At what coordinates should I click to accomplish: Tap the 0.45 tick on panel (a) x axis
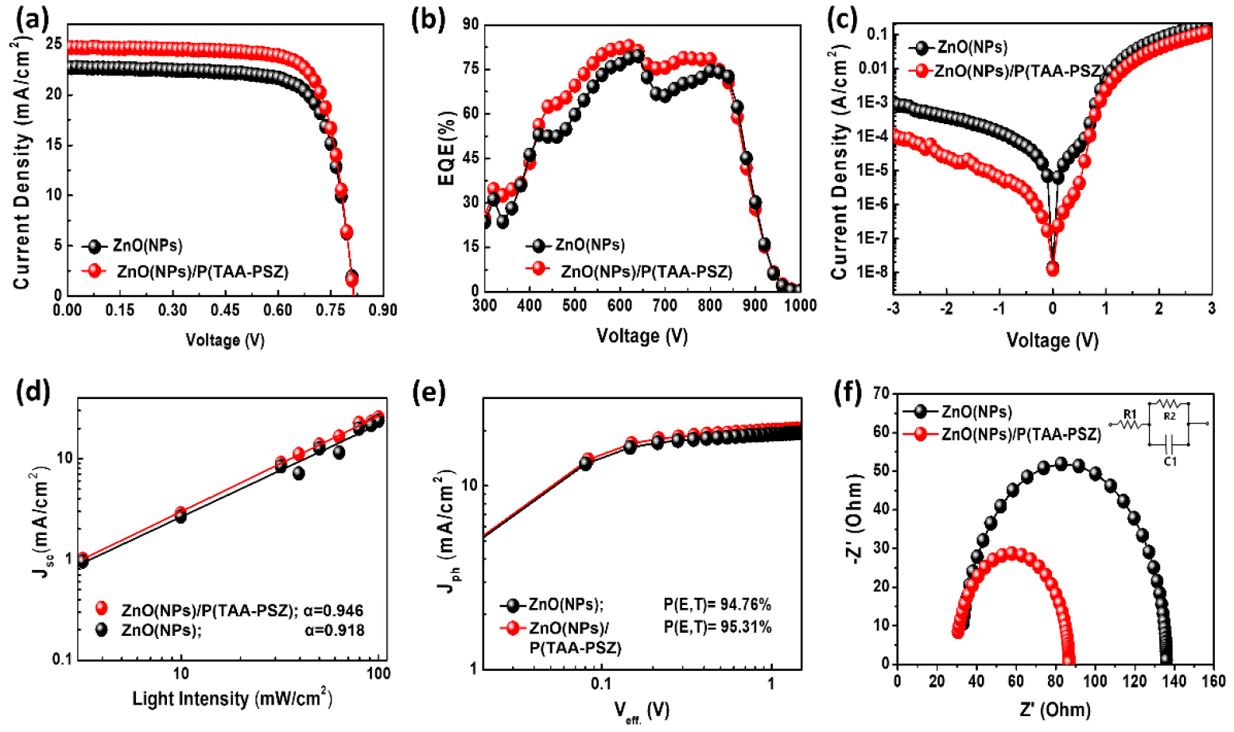tap(225, 310)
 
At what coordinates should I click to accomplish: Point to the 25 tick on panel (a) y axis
tap(53, 45)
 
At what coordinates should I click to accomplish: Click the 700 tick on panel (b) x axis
tap(665, 305)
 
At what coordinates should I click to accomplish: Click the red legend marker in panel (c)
tap(922, 71)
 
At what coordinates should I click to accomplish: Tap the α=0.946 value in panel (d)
tap(334, 610)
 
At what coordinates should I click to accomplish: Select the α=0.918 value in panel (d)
tap(334, 630)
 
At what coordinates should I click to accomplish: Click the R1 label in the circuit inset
tap(1130, 414)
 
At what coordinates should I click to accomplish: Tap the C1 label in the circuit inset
tap(1170, 461)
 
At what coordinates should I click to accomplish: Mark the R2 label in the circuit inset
tap(1170, 416)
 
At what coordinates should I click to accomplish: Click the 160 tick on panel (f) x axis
tap(1213, 681)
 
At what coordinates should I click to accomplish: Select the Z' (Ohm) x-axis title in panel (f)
tap(1055, 710)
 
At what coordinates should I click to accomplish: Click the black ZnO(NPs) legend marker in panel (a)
tap(95, 246)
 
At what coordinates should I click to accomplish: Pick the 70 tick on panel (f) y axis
tap(880, 393)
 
